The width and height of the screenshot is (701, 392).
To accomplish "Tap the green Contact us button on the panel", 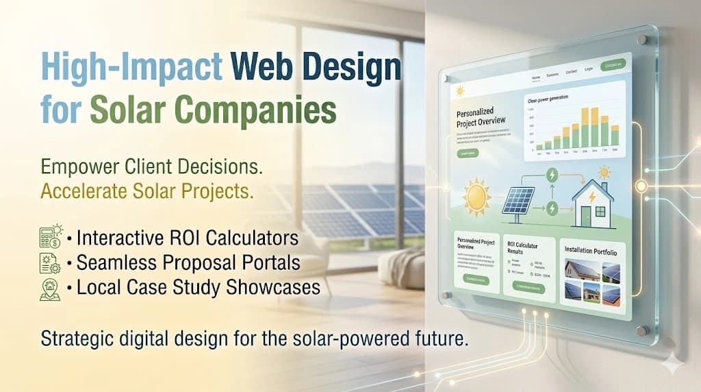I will tap(613, 65).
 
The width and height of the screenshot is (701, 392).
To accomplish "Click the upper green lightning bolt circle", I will tap(551, 176).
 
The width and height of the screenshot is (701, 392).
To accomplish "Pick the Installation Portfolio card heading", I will tap(591, 253).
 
